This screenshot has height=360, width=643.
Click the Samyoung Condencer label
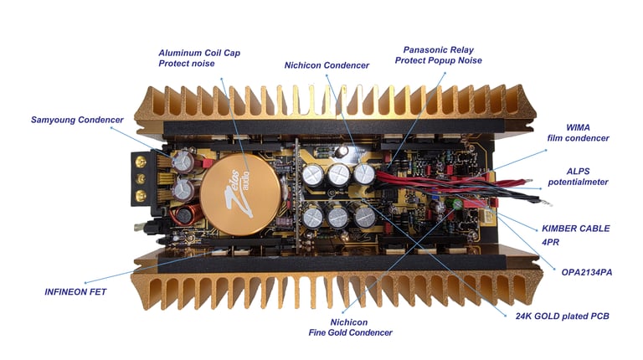pos(76,120)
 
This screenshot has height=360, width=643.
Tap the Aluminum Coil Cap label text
pos(199,52)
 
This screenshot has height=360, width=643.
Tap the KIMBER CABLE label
pos(576,228)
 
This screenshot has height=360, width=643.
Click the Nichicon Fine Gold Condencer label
pos(350,327)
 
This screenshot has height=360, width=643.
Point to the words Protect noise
pos(188,63)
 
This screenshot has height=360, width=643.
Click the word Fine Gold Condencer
pos(350,332)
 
